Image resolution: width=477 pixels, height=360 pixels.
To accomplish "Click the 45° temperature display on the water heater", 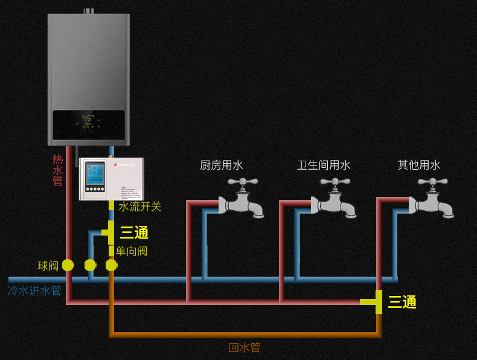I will click(89, 118).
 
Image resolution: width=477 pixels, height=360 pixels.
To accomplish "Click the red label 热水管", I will click(57, 170).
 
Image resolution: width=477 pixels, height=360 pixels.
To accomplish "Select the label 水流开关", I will click(139, 207).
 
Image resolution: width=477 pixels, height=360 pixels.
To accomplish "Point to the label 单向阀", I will click(131, 251).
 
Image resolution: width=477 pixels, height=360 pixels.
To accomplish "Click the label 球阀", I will click(48, 266).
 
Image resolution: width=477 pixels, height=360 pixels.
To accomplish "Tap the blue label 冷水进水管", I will click(34, 291).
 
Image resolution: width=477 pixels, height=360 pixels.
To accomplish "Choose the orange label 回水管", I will click(245, 348).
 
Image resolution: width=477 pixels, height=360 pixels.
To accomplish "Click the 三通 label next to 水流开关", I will click(134, 233).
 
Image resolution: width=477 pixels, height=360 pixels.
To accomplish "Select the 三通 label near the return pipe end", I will click(402, 302).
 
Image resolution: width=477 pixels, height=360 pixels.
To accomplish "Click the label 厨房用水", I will click(222, 165).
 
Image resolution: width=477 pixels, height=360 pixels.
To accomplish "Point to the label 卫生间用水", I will click(324, 165).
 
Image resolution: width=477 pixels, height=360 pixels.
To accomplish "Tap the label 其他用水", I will click(419, 165).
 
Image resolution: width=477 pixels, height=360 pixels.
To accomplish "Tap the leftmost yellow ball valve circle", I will click(68, 265).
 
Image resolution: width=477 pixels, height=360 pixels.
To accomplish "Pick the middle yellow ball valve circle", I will click(90, 265).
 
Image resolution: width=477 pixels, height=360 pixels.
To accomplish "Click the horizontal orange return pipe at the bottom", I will click(245, 335).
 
